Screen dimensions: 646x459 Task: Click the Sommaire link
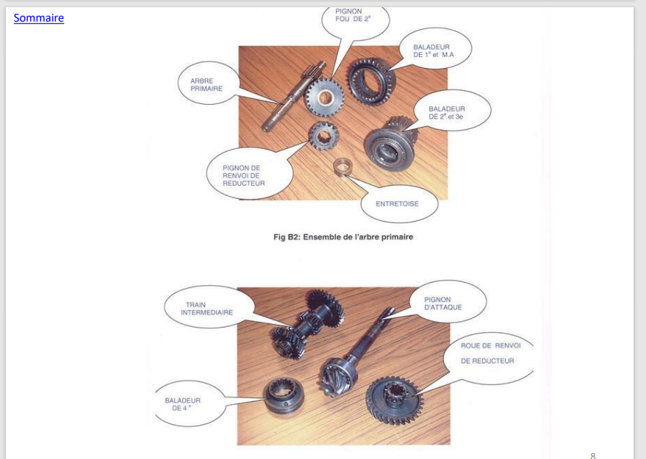[x=39, y=18]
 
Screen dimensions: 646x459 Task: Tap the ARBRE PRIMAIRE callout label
[x=207, y=85]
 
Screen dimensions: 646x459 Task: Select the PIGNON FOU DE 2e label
[x=353, y=15]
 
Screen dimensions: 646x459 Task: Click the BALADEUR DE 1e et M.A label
[x=433, y=51]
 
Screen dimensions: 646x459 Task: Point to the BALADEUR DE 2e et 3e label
[x=447, y=112]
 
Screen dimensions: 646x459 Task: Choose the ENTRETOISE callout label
[x=397, y=203]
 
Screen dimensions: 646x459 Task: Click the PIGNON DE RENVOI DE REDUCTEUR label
[x=243, y=175]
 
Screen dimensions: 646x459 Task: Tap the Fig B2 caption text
[x=343, y=237]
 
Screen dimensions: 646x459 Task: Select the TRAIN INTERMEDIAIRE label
[x=207, y=309]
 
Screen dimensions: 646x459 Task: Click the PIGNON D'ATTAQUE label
[x=443, y=303]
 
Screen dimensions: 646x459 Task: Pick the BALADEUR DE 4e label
[x=182, y=404]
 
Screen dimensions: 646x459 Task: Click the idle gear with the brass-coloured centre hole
[x=324, y=98]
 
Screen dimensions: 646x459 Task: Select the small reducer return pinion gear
[x=324, y=135]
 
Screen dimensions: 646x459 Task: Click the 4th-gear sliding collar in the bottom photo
[x=284, y=396]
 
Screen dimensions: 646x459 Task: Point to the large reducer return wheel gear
[x=395, y=401]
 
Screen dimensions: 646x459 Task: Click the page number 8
[x=593, y=455]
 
